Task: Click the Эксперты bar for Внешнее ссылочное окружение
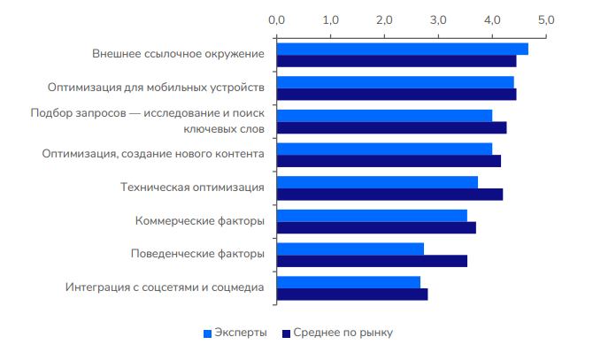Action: [403, 49]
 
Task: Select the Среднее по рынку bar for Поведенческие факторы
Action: [372, 261]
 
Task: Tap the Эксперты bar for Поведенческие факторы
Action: [350, 249]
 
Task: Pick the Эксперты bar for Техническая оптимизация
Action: [377, 182]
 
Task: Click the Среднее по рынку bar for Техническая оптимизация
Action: [389, 195]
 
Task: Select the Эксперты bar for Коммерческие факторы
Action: [372, 215]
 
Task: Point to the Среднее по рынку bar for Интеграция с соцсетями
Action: [352, 295]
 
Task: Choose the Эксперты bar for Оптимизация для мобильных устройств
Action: [396, 82]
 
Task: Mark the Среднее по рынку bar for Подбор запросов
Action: [391, 127]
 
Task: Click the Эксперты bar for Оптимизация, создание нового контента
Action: [384, 149]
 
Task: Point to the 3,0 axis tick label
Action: [438, 19]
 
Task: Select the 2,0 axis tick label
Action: [384, 19]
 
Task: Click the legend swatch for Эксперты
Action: [208, 333]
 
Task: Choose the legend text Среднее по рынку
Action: [343, 333]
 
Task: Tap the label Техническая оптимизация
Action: [192, 188]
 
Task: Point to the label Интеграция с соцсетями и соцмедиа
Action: [165, 287]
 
